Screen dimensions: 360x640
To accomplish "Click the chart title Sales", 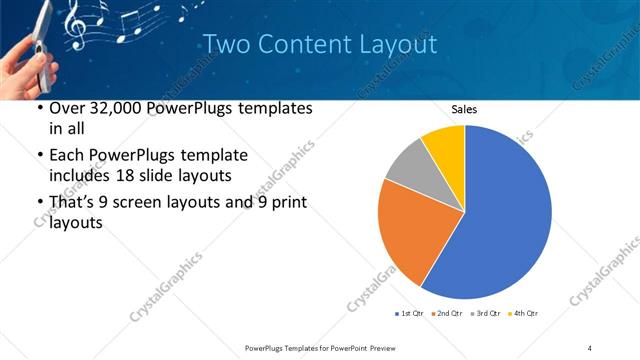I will point(464,108).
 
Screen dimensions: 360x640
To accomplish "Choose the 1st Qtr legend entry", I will point(410,314).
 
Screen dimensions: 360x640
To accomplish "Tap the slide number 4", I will point(590,347).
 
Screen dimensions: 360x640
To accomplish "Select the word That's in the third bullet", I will point(74,203).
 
